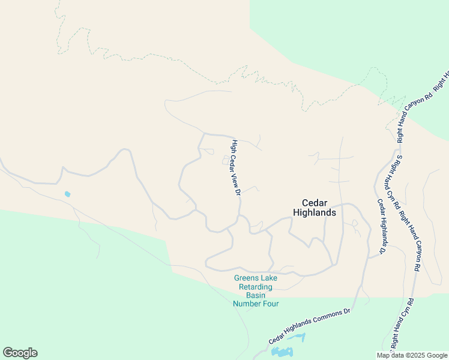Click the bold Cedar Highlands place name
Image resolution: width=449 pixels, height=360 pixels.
coord(314,207)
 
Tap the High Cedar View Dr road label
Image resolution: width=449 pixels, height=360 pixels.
coord(236,167)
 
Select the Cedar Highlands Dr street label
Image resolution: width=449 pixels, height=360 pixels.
coord(381,225)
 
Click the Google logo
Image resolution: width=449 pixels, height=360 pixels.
coord(20,353)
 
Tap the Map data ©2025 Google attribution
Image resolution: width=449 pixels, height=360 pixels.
coord(412,355)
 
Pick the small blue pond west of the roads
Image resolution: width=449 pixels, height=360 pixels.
coord(67,194)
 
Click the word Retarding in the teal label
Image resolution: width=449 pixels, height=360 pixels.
coord(256,287)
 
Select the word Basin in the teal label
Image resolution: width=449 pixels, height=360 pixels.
coord(256,295)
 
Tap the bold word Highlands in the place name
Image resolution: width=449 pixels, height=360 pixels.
coord(314,212)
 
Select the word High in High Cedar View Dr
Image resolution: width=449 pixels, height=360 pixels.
coord(234,145)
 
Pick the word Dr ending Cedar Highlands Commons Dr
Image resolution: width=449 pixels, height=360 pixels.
coord(346,312)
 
